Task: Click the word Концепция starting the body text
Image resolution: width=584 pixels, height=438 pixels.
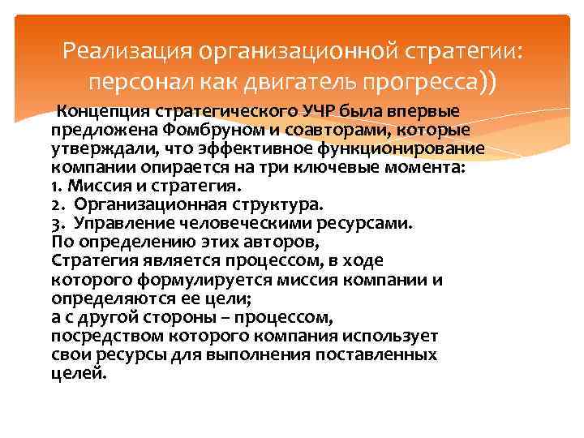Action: pos(100,112)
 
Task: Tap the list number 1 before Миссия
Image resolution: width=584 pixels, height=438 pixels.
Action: pos(54,187)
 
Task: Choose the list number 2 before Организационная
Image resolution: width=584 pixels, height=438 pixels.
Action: pos(55,205)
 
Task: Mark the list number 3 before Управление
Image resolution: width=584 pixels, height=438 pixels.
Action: pos(55,224)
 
